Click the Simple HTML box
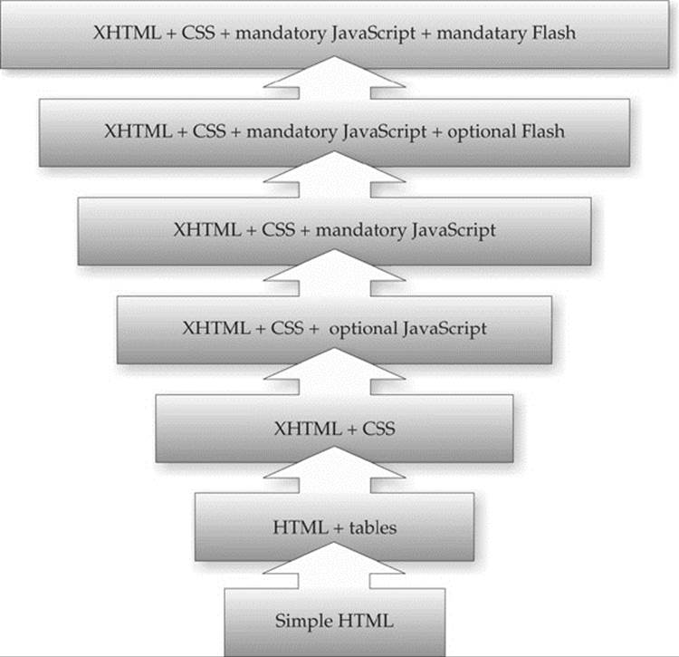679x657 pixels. coord(335,622)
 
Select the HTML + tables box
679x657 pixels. coord(334,527)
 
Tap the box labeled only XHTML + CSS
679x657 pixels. coord(334,429)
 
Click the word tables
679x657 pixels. coord(373,527)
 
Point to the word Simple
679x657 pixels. coord(304,622)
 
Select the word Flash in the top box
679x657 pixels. coord(554,33)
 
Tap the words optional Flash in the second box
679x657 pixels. coord(506,131)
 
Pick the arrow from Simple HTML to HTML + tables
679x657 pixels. coord(334,565)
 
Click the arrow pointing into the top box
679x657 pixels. coord(334,77)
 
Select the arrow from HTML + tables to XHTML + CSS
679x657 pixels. coord(334,469)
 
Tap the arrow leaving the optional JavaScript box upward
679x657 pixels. coord(334,273)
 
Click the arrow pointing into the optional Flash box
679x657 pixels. coord(334,174)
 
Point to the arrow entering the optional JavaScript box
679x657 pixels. coord(334,372)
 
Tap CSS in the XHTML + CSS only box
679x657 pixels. coord(378,429)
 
